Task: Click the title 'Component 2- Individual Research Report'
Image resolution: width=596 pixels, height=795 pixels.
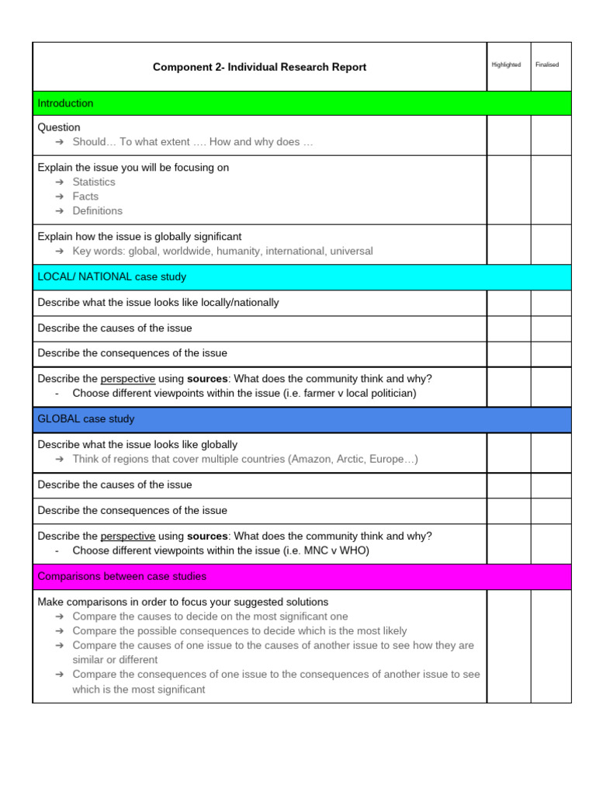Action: (x=259, y=68)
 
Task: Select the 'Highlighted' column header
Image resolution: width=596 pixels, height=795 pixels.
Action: (x=506, y=65)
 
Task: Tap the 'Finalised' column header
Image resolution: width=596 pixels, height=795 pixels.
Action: (x=547, y=65)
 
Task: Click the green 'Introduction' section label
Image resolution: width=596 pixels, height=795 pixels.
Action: (x=65, y=103)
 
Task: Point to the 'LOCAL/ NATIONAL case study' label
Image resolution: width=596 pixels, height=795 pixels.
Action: (x=112, y=277)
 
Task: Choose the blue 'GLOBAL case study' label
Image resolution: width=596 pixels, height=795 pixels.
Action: (x=86, y=419)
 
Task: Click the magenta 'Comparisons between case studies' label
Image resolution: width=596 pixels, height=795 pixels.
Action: (x=122, y=577)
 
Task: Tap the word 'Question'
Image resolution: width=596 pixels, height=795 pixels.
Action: (x=59, y=127)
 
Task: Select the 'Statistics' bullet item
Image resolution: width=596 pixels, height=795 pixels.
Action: (x=94, y=182)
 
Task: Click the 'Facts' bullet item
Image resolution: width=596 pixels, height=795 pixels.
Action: (x=85, y=196)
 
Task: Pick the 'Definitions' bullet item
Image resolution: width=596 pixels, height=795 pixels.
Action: (x=97, y=210)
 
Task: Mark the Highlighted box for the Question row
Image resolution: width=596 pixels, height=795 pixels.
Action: (x=508, y=135)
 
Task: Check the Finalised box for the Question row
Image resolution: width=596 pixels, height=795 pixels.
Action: (x=551, y=135)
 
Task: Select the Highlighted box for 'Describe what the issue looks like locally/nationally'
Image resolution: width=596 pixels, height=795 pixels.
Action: (x=508, y=303)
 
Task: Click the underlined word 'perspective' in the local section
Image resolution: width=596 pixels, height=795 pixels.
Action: (x=128, y=379)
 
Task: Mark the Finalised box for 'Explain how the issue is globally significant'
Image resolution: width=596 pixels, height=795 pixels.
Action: (x=551, y=244)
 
